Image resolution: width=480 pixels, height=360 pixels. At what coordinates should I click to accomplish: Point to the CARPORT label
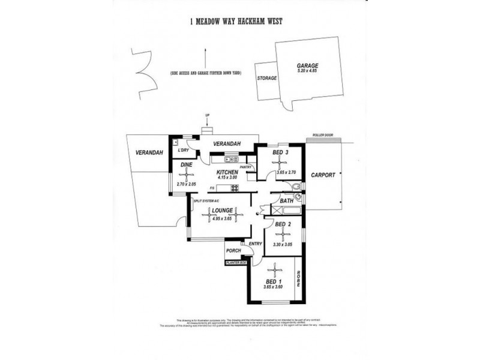click(x=323, y=175)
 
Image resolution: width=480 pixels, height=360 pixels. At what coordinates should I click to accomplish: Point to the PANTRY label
click(x=245, y=167)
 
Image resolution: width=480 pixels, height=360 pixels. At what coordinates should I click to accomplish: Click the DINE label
click(x=187, y=164)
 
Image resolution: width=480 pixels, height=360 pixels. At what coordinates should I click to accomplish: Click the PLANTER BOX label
click(x=235, y=263)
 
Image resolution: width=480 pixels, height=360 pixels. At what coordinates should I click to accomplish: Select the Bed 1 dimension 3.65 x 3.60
click(x=273, y=287)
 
